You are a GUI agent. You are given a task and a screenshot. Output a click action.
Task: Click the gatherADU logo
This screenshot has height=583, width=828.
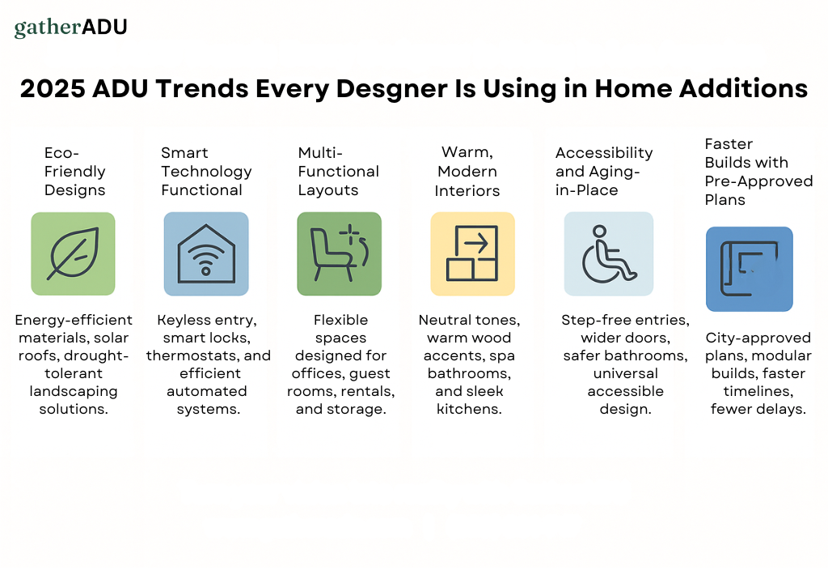coord(71,28)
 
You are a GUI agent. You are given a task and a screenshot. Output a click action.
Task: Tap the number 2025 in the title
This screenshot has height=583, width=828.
coord(53,88)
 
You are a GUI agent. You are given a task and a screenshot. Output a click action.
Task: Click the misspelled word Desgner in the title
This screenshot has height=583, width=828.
coord(392,89)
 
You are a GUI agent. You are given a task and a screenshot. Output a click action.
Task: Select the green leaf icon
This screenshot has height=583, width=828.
coord(73,254)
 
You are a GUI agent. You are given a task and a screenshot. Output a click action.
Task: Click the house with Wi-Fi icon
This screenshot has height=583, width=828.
coord(206,254)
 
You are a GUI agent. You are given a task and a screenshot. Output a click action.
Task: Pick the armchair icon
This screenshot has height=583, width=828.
coord(339,254)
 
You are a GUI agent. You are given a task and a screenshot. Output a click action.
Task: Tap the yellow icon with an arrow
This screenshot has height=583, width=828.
coord(472,254)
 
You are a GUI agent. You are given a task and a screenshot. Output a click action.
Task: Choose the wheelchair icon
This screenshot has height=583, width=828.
coord(608,254)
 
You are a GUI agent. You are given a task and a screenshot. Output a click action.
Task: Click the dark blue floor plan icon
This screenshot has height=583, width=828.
coord(750,269)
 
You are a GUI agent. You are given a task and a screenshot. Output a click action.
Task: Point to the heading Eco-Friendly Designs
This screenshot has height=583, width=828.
coord(75,172)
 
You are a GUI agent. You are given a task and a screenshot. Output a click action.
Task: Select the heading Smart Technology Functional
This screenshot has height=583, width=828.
coord(206,172)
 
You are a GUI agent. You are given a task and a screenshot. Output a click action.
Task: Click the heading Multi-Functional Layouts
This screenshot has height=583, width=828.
coord(339,172)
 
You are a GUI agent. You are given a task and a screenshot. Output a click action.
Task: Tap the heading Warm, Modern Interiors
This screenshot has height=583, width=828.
coord(467,172)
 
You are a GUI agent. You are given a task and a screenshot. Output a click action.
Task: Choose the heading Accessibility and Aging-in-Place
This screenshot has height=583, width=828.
coord(604,172)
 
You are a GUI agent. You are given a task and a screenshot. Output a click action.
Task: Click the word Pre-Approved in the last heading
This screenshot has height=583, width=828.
coord(758,181)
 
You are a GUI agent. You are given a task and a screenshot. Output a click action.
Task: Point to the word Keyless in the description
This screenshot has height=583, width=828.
coord(180,320)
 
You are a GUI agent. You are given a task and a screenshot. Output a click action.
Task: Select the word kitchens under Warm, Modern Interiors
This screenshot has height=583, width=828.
coord(469,409)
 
